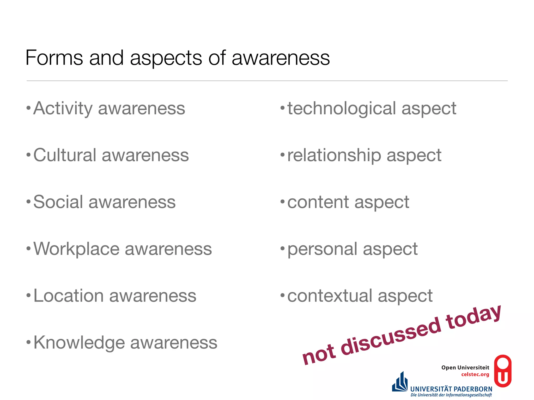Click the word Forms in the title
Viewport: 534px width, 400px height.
[54, 58]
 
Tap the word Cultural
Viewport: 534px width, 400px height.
[65, 155]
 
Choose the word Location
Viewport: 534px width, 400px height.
[69, 296]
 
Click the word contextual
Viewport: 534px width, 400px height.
[330, 296]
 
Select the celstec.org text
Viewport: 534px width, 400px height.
[475, 374]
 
